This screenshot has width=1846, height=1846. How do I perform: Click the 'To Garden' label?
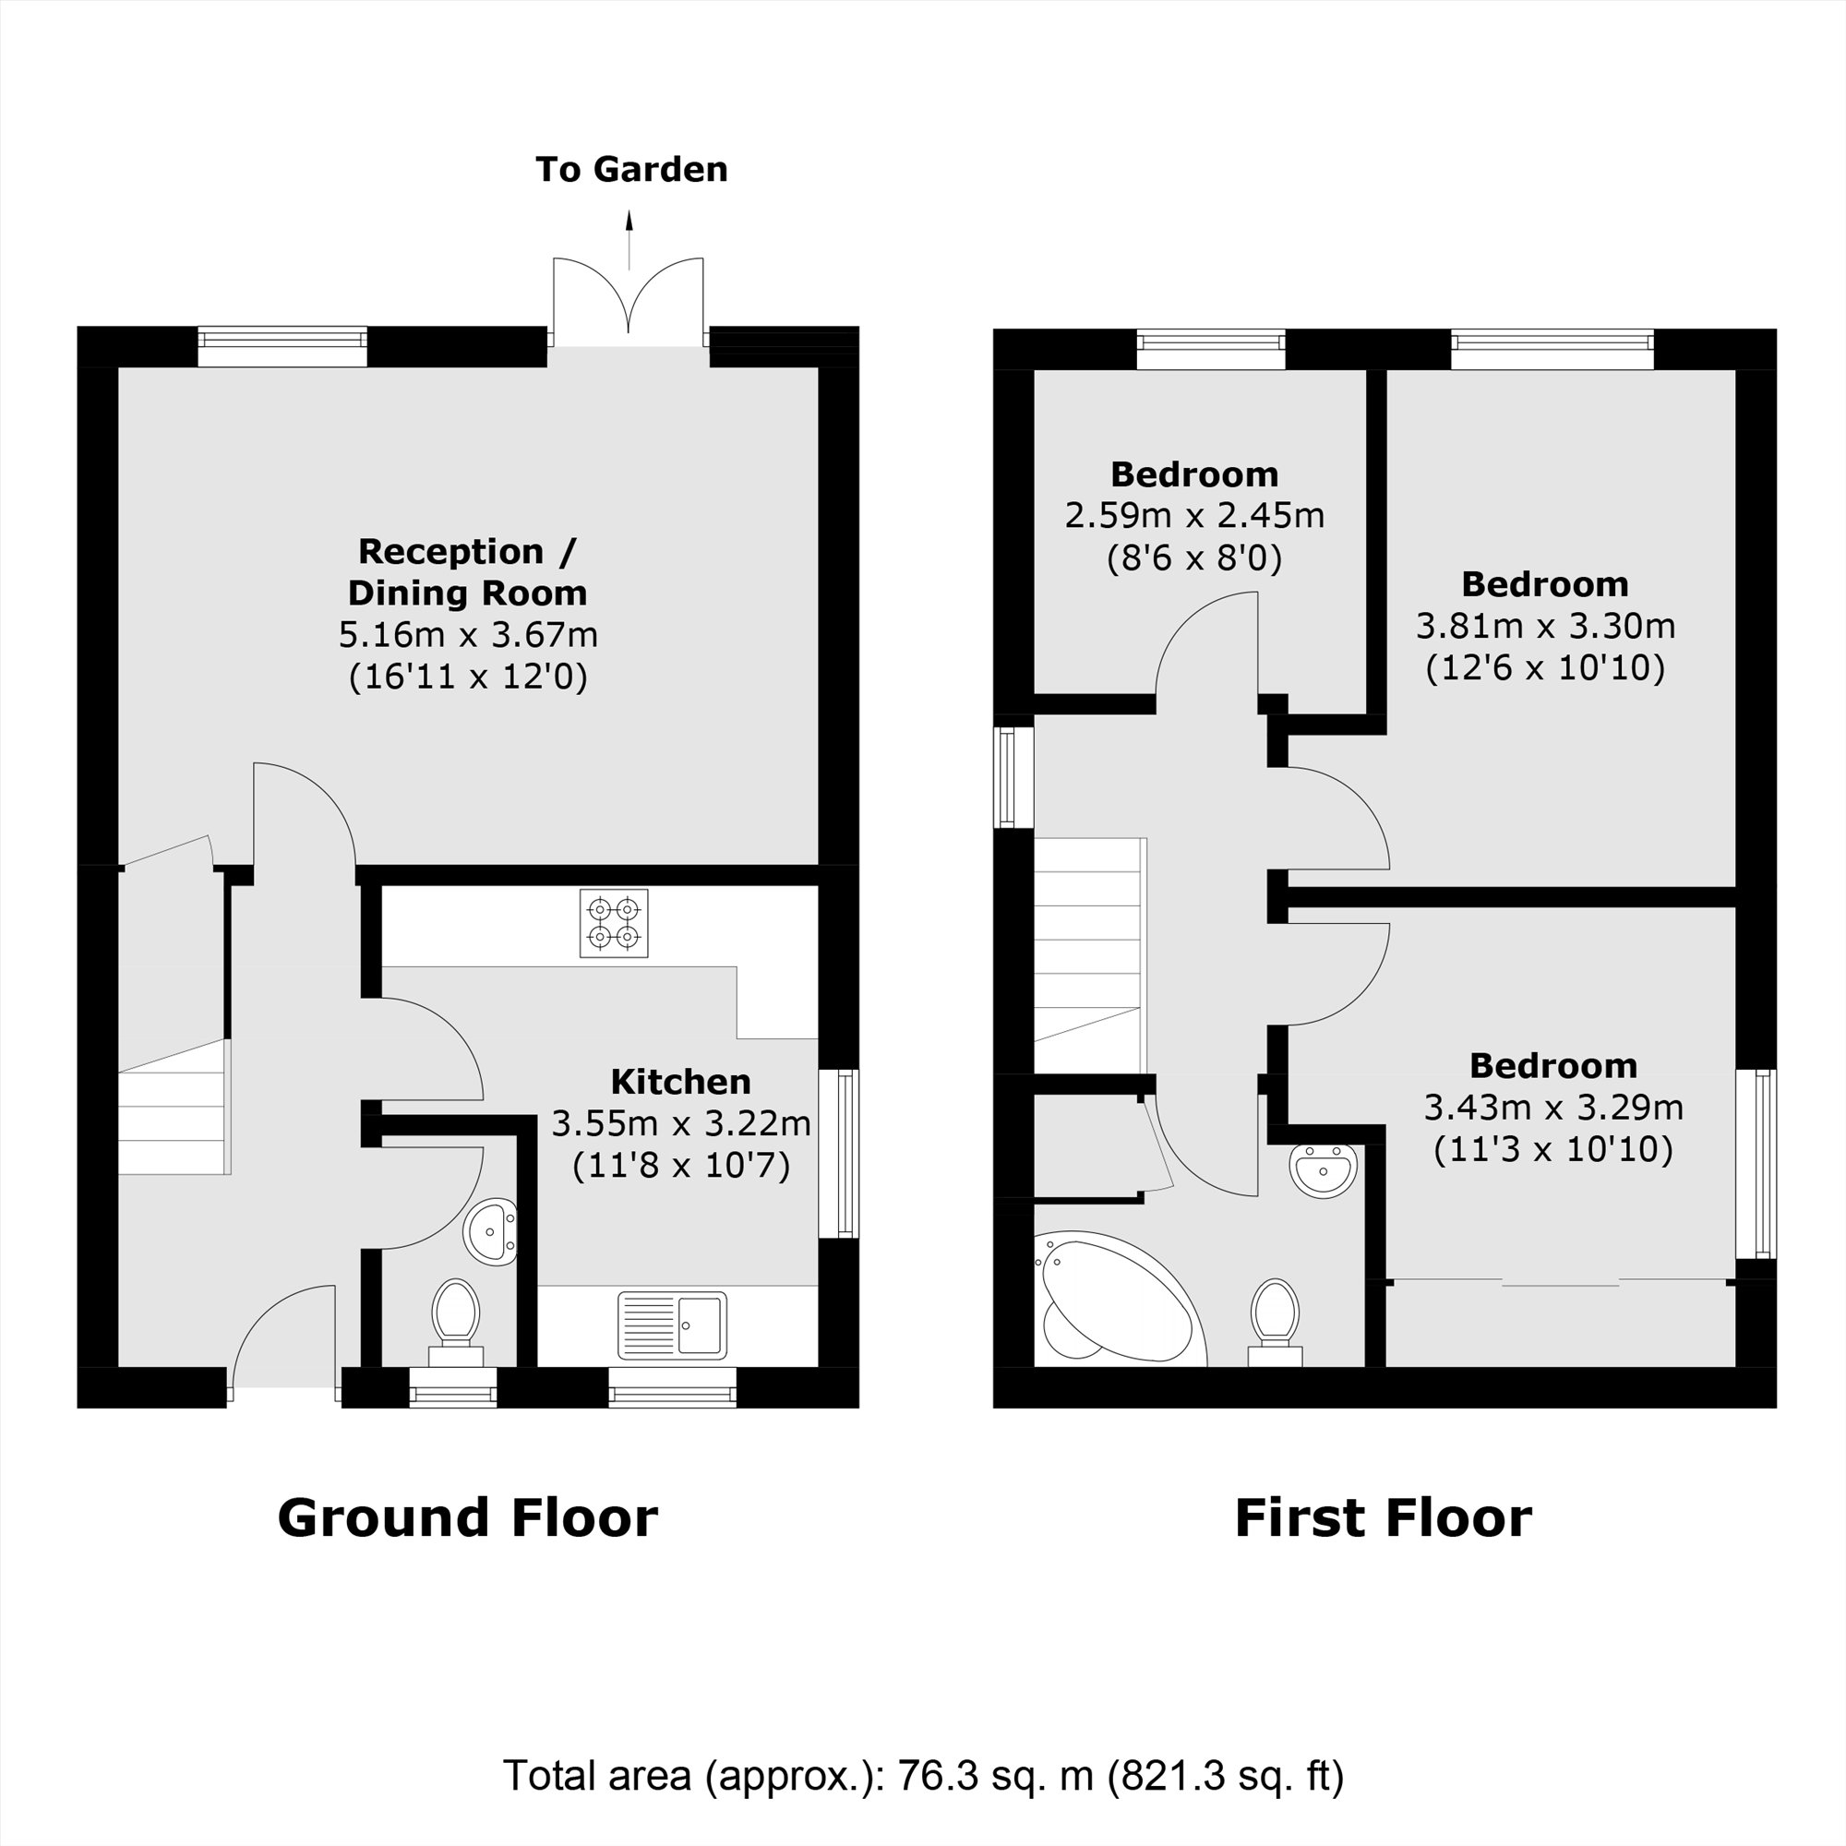(630, 169)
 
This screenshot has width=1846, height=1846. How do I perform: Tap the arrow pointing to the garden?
(629, 239)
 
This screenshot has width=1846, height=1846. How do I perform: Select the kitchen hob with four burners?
(614, 923)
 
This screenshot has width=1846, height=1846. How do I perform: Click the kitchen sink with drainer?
(672, 1325)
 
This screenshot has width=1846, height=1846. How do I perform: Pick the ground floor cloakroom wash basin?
(489, 1231)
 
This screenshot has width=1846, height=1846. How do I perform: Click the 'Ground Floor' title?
(467, 1517)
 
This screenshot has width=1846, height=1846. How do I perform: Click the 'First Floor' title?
(1383, 1517)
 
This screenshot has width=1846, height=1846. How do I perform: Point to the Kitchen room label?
(680, 1082)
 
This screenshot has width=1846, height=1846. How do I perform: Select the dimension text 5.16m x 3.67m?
(468, 634)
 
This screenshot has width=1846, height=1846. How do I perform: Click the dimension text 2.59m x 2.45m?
(1194, 516)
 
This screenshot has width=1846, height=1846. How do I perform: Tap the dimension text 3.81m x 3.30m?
(1545, 626)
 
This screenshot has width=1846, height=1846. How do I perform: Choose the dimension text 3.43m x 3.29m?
(1552, 1108)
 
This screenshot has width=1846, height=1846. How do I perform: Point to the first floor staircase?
(1089, 955)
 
